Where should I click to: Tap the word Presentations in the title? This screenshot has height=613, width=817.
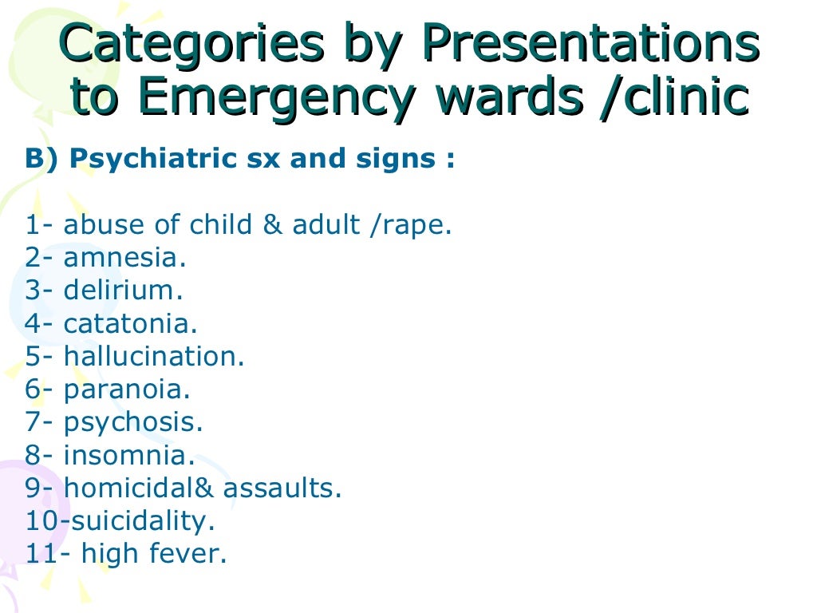coord(590,46)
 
